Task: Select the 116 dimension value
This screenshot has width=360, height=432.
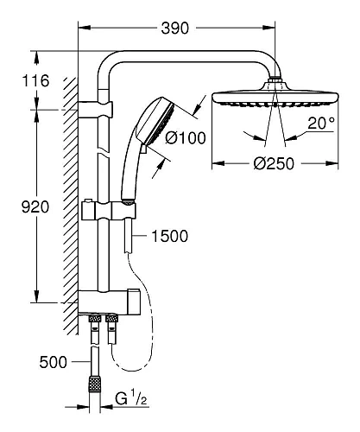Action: (36, 81)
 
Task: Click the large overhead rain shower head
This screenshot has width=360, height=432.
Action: (275, 95)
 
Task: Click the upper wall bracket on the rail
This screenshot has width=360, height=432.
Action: (100, 110)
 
